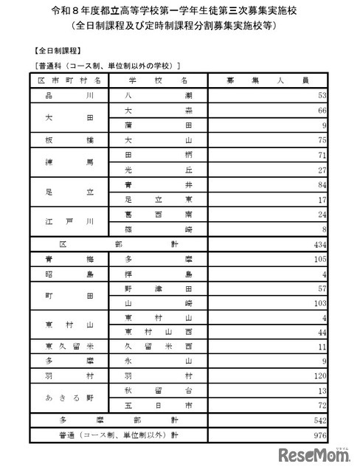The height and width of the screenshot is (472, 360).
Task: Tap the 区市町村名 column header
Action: pyautogui.click(x=70, y=80)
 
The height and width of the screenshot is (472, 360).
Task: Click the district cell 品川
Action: pyautogui.click(x=70, y=96)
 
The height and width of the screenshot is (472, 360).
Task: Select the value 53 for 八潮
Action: pyautogui.click(x=321, y=96)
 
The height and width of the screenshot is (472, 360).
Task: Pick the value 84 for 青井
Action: pyautogui.click(x=321, y=184)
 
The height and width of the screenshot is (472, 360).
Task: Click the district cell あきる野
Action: pyautogui.click(x=70, y=398)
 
